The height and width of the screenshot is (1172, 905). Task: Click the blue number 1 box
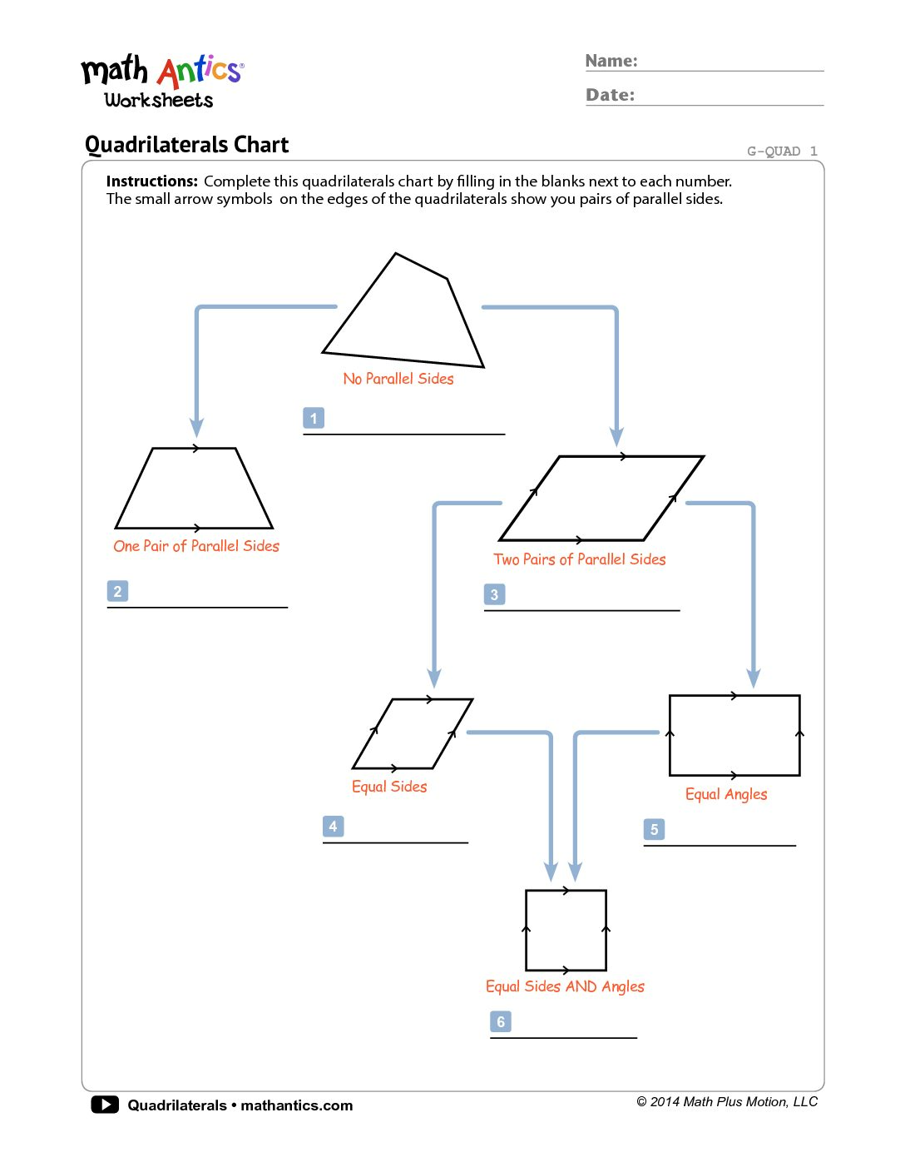point(314,418)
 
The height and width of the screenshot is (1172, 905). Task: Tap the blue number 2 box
point(117,591)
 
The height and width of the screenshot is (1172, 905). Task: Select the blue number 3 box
point(494,594)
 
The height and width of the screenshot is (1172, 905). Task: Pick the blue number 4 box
point(333,826)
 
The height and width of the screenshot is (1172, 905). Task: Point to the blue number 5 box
point(654,829)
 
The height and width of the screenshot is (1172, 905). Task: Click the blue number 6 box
point(501,1021)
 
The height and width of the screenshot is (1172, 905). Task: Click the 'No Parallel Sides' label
point(398,379)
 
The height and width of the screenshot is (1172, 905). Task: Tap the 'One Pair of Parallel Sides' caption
point(196,546)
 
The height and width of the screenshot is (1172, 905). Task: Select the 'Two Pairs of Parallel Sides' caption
point(580,559)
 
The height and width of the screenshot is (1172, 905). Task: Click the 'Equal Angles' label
point(726,794)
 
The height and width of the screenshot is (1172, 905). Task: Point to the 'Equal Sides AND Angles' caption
point(565,986)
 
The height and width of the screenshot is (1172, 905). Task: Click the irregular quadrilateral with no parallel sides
point(403,320)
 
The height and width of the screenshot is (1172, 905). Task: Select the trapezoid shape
point(194,491)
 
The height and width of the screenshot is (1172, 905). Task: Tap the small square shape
point(566,930)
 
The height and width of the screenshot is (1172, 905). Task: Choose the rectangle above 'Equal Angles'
point(734,735)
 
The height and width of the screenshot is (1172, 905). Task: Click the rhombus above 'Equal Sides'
point(413,733)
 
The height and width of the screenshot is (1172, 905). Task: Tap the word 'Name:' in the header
point(611,61)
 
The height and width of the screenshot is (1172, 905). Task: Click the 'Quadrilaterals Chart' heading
point(187,145)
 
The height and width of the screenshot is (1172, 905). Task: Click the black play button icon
point(105,1105)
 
